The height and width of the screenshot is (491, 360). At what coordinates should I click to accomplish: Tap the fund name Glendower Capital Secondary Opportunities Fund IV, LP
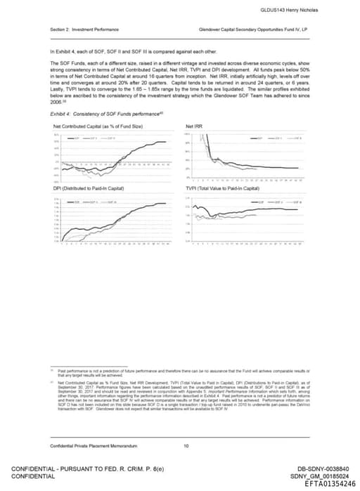[x=255, y=30]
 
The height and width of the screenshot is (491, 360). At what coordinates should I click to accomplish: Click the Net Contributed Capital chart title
[x=98, y=125]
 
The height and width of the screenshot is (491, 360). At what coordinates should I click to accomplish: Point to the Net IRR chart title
[x=194, y=125]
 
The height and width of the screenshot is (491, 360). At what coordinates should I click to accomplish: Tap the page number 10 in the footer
[x=186, y=445]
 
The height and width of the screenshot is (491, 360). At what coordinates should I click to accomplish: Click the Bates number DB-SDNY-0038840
[x=326, y=468]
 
